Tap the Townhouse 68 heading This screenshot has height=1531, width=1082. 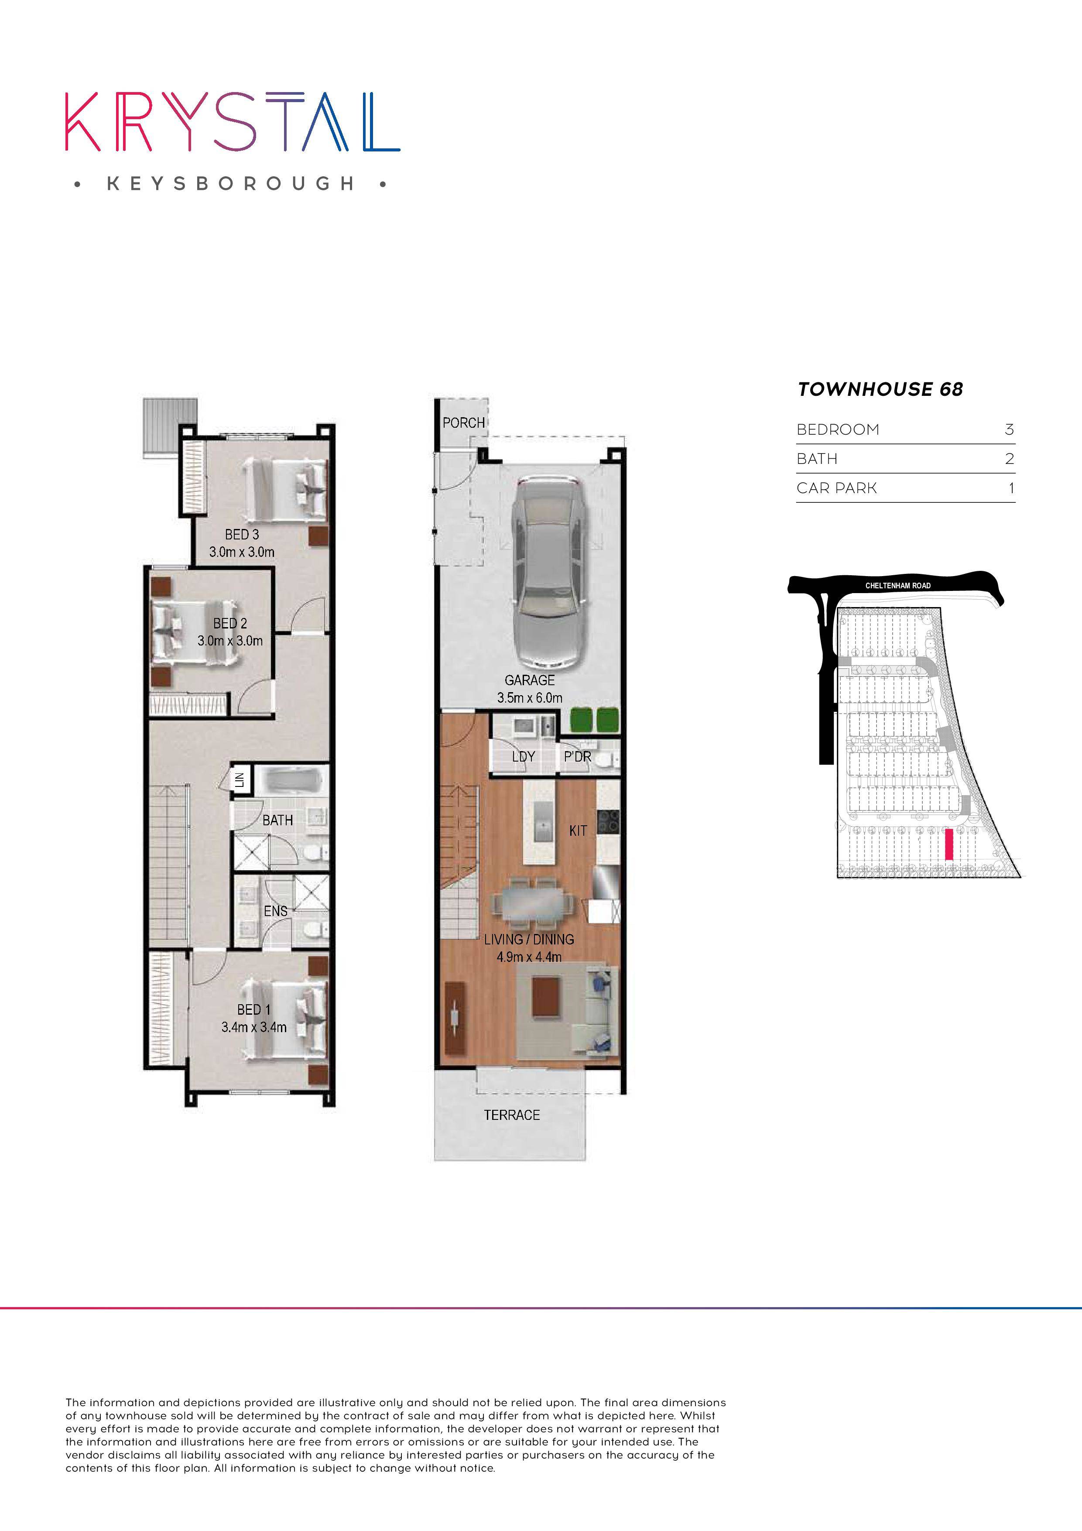click(x=880, y=389)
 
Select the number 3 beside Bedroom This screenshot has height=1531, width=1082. click(x=1009, y=430)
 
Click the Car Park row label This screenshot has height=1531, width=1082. click(x=837, y=488)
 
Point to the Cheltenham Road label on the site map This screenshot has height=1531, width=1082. click(x=897, y=585)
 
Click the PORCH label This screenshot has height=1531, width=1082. click(x=463, y=423)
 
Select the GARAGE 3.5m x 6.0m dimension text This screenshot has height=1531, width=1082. click(x=529, y=697)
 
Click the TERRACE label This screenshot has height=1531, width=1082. click(x=511, y=1115)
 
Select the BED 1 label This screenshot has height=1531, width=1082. click(x=253, y=1009)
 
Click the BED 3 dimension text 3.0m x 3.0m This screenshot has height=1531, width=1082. click(x=241, y=552)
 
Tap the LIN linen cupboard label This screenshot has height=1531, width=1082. click(x=240, y=779)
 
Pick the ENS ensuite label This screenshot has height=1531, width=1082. click(x=275, y=911)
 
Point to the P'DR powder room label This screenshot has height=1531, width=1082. click(x=577, y=757)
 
